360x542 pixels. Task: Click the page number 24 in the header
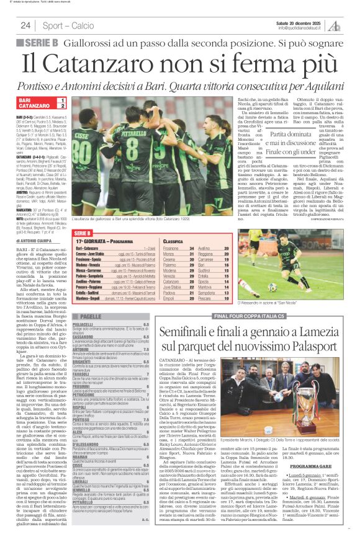point(26,25)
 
